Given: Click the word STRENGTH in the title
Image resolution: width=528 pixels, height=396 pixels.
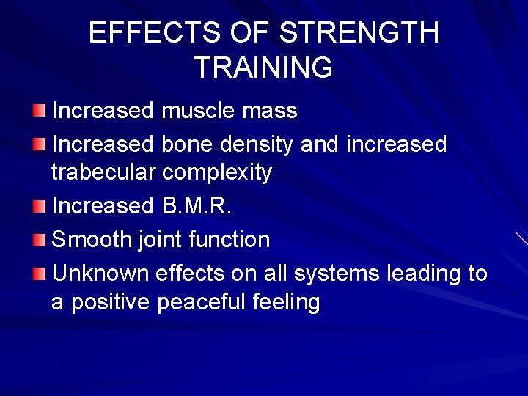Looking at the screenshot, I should (359, 34).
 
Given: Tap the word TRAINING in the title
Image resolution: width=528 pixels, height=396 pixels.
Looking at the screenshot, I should (263, 67).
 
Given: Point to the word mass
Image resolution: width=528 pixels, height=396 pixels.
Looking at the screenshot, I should (272, 111).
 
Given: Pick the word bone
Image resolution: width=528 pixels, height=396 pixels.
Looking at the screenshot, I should (186, 144).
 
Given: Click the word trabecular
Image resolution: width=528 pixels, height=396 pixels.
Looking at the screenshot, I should (103, 172).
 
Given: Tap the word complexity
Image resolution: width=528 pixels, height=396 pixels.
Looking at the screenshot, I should (217, 173).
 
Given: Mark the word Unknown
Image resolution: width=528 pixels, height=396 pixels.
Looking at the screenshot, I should (101, 273).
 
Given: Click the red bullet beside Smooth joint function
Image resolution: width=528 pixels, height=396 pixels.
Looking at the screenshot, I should (39, 240).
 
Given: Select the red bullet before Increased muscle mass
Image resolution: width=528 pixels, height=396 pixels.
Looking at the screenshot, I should (39, 111).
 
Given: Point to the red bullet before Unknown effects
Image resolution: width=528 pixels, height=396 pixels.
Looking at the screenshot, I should (39, 274).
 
